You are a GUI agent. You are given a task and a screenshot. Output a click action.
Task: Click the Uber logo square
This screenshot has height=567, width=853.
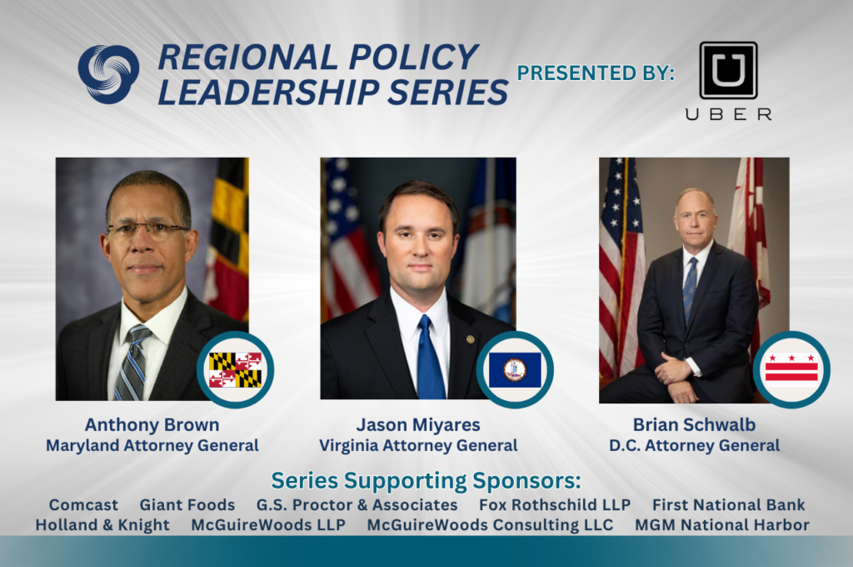[x=728, y=70]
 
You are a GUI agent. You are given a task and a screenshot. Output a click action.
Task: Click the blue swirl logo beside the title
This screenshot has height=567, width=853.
[x=108, y=74]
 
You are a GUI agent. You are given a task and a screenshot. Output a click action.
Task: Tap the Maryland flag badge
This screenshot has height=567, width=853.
[x=236, y=370]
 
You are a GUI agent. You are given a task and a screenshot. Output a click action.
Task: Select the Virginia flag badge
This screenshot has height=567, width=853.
[x=515, y=370]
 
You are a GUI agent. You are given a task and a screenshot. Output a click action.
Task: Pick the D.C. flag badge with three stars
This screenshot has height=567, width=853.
[x=791, y=370]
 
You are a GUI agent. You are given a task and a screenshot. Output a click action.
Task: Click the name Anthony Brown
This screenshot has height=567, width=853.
[x=152, y=425]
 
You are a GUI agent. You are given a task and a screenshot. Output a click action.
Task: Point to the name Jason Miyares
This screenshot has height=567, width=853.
[x=418, y=425]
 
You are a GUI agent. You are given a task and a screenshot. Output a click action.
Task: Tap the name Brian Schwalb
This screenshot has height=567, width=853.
[x=694, y=425]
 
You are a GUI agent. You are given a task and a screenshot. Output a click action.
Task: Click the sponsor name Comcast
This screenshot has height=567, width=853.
[x=83, y=505]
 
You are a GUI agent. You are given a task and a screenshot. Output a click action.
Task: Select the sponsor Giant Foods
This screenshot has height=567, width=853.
[x=187, y=505]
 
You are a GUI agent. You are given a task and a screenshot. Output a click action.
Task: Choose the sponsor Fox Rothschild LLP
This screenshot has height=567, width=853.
[x=554, y=505]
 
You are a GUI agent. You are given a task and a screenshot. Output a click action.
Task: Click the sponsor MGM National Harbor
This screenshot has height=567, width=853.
[x=722, y=525]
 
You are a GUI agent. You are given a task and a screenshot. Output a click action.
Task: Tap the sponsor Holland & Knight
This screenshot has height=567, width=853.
[x=102, y=525]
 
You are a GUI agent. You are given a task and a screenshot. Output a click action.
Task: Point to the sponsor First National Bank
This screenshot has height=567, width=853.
[x=728, y=505]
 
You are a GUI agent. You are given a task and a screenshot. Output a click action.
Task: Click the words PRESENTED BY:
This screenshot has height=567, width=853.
[x=596, y=73]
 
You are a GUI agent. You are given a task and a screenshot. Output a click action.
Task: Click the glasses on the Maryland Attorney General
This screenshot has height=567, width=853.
[x=148, y=230]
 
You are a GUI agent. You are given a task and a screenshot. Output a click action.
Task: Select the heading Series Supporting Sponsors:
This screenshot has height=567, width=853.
[x=426, y=481]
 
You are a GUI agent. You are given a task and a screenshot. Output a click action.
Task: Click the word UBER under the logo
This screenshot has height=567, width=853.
[x=728, y=114]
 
